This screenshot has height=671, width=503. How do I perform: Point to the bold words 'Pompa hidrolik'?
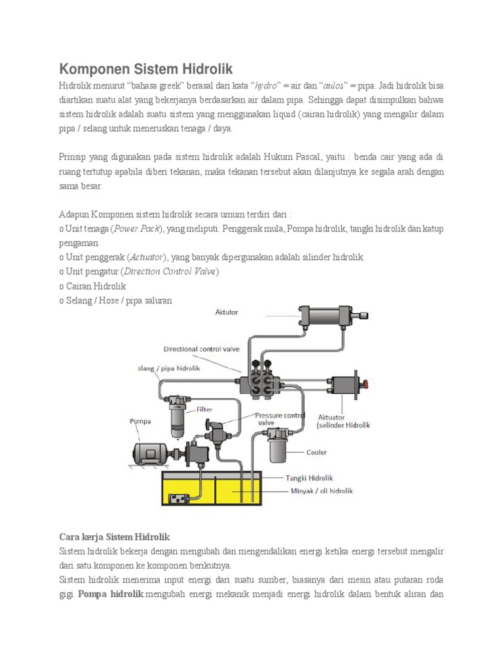point(110,594)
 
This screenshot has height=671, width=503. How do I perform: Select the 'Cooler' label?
point(316,452)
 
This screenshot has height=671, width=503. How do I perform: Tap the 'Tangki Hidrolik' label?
point(310,478)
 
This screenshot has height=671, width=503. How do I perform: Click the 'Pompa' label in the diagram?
point(140,421)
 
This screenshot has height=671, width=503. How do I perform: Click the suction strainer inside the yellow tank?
point(179,499)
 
